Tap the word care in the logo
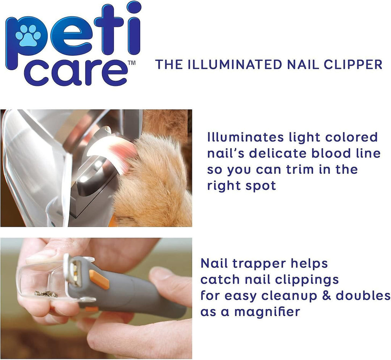pos(76,73)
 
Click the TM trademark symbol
pos(131,63)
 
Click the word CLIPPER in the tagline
pos(353,64)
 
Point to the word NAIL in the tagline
pos(303,64)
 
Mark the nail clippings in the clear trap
pos(47,294)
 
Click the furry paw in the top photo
pos(152,179)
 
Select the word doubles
pos(363,296)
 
